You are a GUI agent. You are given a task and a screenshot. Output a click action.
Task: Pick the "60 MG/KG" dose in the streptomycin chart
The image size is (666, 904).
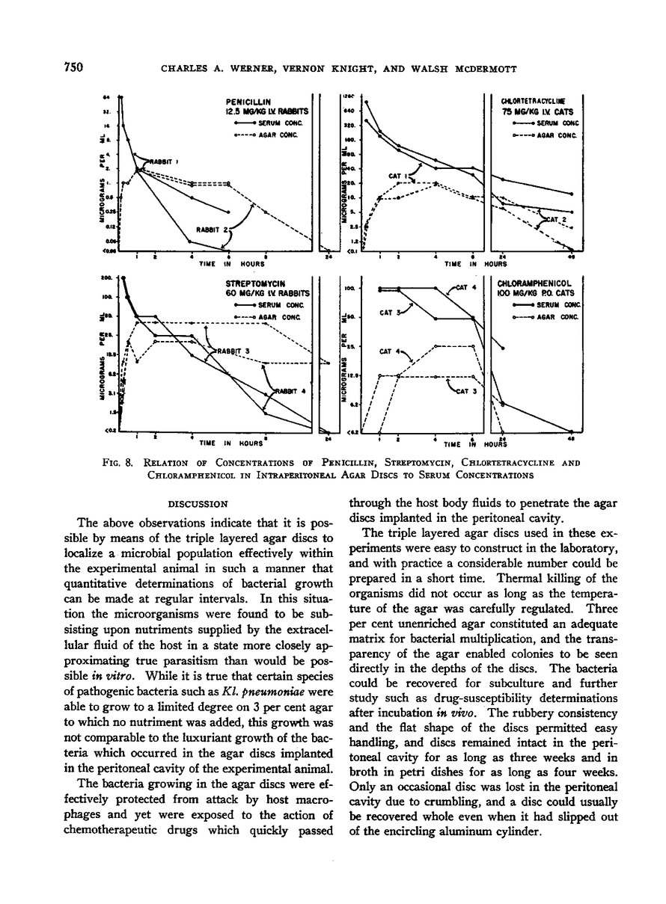(249, 295)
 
